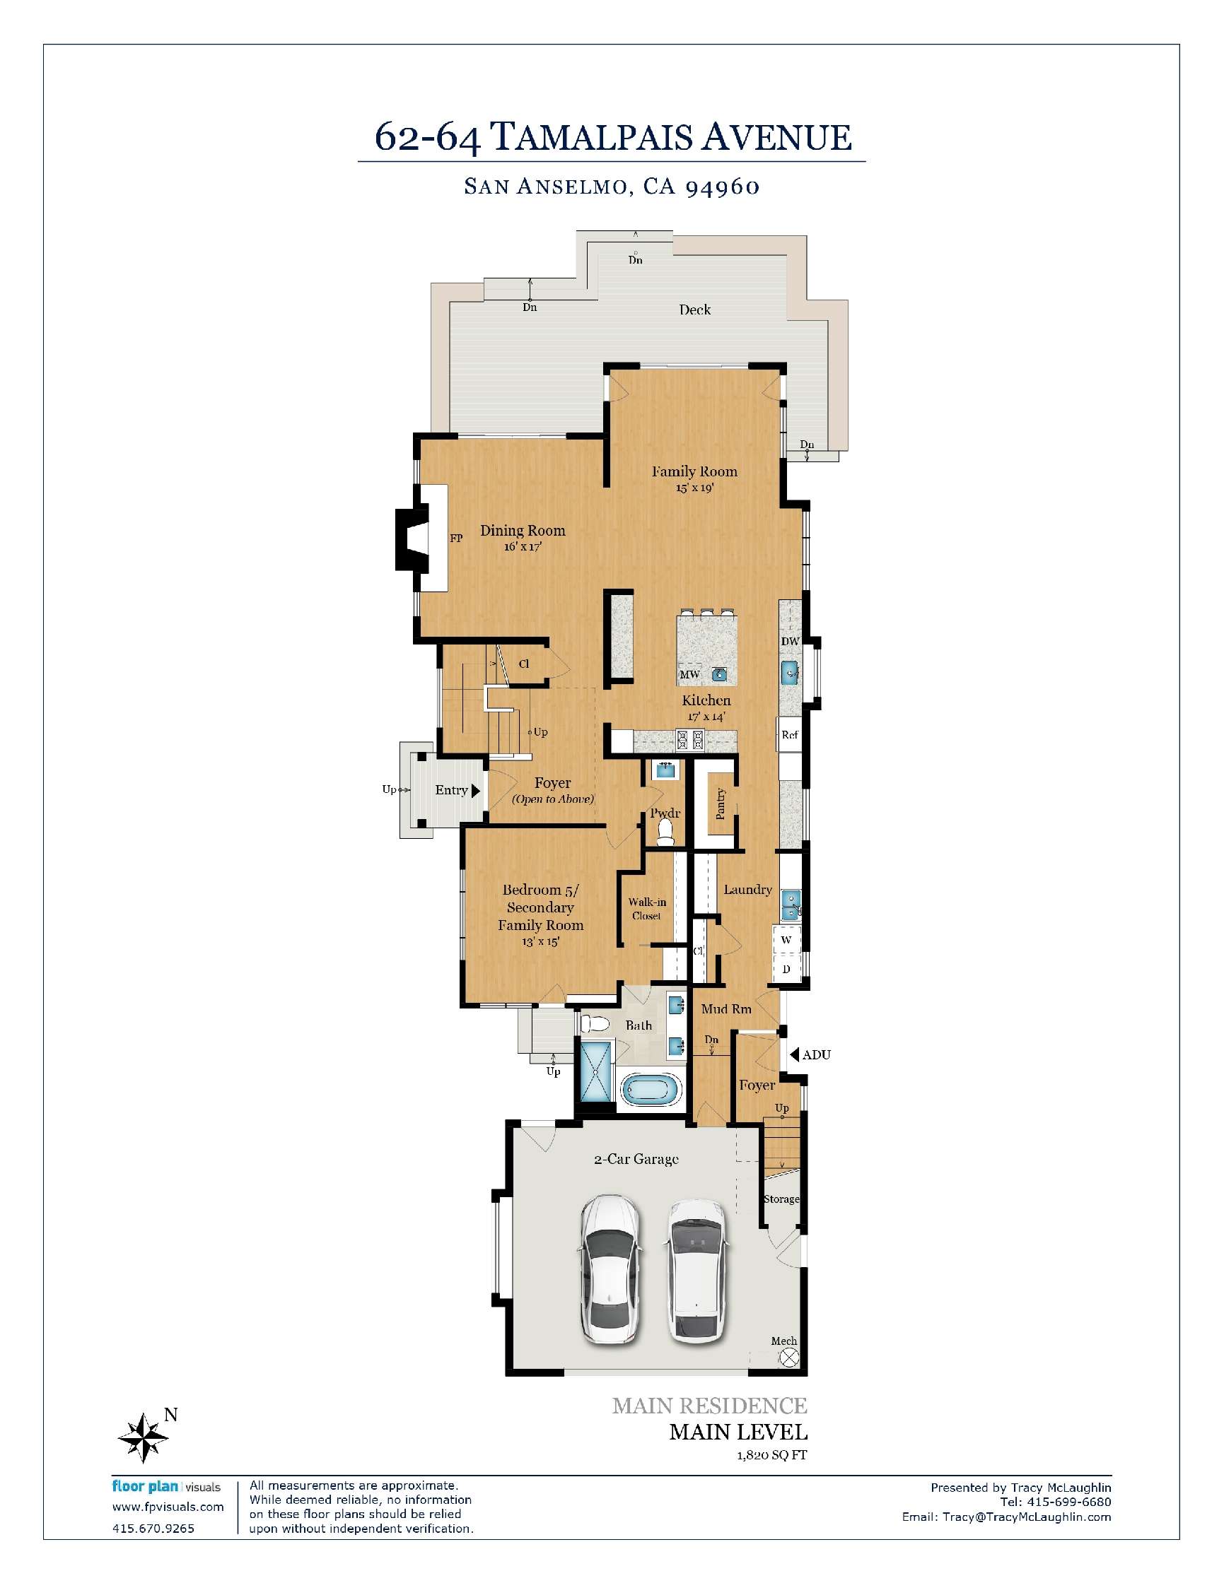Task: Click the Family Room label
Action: pyautogui.click(x=694, y=471)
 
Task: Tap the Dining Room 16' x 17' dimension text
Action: pyautogui.click(x=523, y=547)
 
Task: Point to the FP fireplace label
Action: pyautogui.click(x=456, y=539)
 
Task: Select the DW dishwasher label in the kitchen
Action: pyautogui.click(x=790, y=642)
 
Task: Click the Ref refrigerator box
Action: pyautogui.click(x=790, y=734)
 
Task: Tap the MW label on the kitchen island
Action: pyautogui.click(x=689, y=675)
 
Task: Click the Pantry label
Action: pyautogui.click(x=720, y=803)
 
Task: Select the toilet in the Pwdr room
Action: pyautogui.click(x=664, y=839)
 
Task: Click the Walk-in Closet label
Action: pyautogui.click(x=646, y=909)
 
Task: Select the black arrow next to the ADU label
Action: pyautogui.click(x=794, y=1054)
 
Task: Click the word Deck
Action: pyautogui.click(x=694, y=310)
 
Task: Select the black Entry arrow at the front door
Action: pyautogui.click(x=476, y=791)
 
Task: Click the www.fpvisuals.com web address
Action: pyautogui.click(x=168, y=1507)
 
